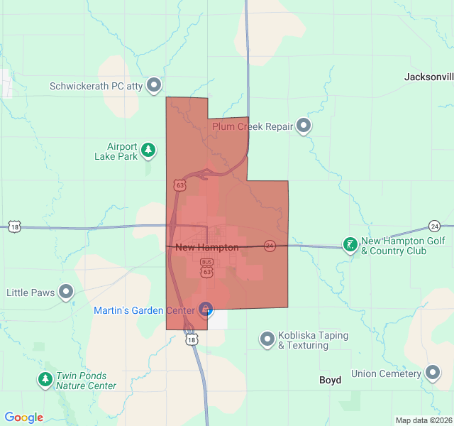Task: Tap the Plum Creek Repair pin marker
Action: tap(304, 126)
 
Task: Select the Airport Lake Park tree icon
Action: tap(148, 151)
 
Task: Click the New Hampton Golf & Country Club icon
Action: tap(350, 245)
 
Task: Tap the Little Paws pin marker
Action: tap(66, 292)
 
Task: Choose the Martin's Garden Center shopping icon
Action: tap(206, 310)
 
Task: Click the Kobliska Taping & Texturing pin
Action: tap(267, 339)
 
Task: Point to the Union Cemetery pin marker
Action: tap(433, 373)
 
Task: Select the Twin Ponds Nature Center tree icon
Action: tap(45, 380)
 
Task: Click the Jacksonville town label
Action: tap(428, 77)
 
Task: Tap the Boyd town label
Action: tap(330, 380)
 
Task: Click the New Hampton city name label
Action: tap(206, 247)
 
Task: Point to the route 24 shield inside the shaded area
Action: tap(270, 246)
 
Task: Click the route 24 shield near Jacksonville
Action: tap(434, 226)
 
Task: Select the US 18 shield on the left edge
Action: tap(15, 227)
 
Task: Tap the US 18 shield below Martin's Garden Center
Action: tap(192, 339)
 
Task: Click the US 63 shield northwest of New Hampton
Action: tap(179, 185)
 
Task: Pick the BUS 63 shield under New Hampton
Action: tap(206, 267)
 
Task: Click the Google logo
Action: tap(23, 417)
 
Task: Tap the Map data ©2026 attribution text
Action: tap(423, 420)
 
